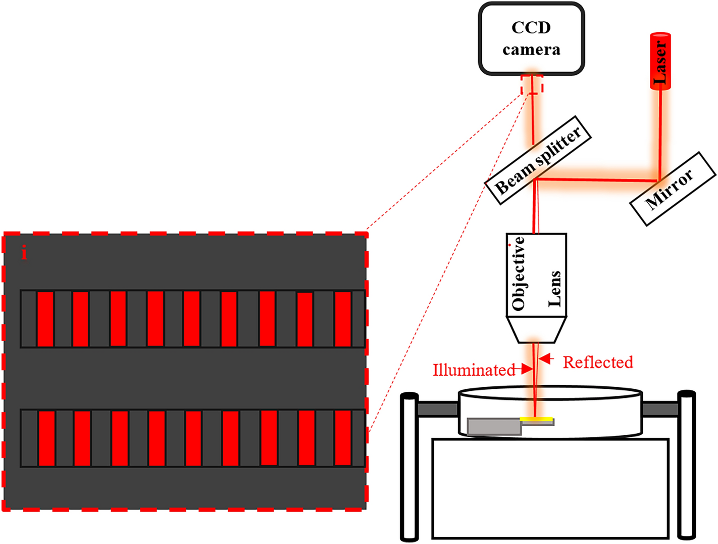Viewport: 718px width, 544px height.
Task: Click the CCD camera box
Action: click(531, 39)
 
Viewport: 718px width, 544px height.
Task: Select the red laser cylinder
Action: click(660, 61)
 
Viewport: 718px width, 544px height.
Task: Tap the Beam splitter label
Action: click(538, 160)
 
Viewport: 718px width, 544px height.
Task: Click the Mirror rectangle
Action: click(672, 189)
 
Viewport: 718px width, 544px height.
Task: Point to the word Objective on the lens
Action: click(519, 274)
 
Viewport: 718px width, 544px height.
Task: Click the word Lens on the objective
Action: click(554, 289)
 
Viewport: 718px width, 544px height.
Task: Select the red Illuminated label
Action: click(474, 370)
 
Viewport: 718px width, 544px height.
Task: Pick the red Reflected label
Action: click(598, 362)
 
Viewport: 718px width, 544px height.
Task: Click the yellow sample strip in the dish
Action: click(537, 419)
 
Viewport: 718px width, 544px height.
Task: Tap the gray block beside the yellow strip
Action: click(494, 426)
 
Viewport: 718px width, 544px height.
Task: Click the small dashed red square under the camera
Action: click(532, 84)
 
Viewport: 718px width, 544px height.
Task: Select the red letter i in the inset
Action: click(24, 252)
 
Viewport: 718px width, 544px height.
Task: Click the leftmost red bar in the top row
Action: click(45, 319)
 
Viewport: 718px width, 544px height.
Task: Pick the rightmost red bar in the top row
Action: click(343, 319)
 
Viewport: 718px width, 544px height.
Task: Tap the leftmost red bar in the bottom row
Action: click(46, 438)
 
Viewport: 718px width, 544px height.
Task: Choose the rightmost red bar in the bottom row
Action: click(343, 438)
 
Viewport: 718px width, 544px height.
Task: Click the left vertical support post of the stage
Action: click(409, 466)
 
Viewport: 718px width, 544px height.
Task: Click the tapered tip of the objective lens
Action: click(536, 330)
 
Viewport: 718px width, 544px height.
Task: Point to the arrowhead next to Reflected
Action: click(545, 359)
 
